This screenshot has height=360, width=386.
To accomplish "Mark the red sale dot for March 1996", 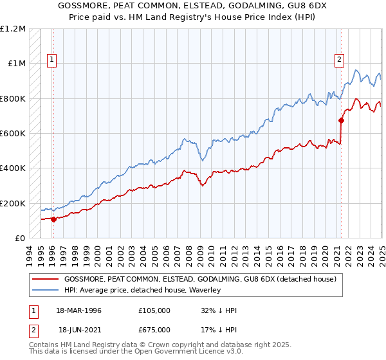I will (53, 219).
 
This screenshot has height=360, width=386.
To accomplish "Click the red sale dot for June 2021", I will (341, 120).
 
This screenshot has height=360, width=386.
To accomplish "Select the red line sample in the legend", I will (45, 279).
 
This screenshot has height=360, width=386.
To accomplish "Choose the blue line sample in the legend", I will (45, 290).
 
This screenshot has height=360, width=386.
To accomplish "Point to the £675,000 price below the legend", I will (154, 330).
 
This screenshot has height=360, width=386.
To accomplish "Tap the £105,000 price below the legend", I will (154, 310).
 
